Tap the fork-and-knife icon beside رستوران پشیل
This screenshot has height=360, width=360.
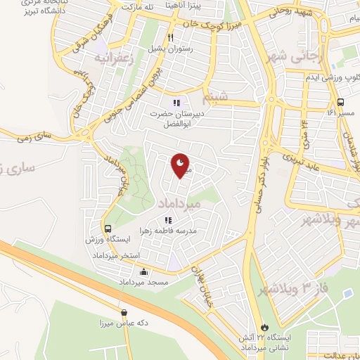(x=170, y=38)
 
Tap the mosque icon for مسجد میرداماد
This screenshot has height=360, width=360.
(x=144, y=272)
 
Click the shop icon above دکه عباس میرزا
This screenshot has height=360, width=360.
(x=124, y=313)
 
